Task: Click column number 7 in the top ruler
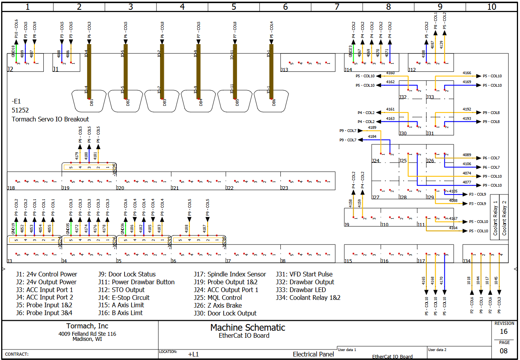[x=337, y=7]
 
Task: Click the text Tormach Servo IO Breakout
[x=50, y=119]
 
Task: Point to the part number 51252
[x=20, y=110]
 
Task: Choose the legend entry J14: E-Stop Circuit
[x=124, y=298]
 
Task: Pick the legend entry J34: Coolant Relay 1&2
[x=308, y=298]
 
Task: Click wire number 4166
[x=467, y=73]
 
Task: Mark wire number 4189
[x=372, y=128]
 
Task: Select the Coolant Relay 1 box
[x=495, y=217]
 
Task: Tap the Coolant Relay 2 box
[x=504, y=217]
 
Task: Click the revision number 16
[x=504, y=331]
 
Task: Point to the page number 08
[x=504, y=351]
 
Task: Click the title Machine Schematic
[x=248, y=328]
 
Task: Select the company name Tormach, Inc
[x=87, y=326]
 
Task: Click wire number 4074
[x=467, y=173]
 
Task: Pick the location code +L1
[x=193, y=354]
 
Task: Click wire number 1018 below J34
[x=468, y=280]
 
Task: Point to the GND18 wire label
[x=13, y=52]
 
